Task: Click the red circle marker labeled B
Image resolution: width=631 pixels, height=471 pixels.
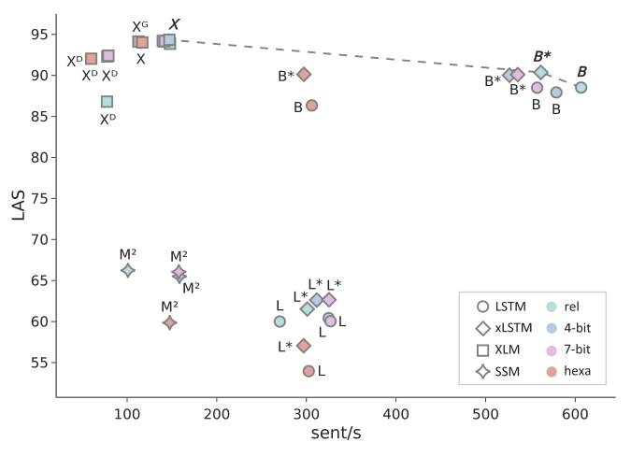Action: point(311,106)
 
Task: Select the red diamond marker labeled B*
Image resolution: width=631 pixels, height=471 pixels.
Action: point(304,75)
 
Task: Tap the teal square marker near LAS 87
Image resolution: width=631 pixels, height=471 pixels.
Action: point(107,101)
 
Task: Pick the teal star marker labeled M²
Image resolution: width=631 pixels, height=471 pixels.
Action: point(128,270)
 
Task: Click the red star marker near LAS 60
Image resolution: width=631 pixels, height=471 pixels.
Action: point(169,322)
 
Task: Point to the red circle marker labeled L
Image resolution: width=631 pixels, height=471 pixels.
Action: point(308,371)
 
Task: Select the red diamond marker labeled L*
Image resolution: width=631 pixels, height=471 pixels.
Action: point(303,346)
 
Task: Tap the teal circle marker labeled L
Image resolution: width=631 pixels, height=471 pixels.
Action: point(280,321)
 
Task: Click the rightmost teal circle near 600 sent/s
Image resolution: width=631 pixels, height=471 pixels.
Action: point(581,87)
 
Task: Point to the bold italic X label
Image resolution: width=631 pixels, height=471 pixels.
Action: point(174,25)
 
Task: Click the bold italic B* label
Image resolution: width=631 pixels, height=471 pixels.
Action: point(542,56)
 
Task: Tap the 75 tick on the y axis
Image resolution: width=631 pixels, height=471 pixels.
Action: point(41,198)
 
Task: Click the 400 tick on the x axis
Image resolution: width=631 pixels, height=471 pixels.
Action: point(396,413)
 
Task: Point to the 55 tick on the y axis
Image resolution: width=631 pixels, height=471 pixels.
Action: point(41,363)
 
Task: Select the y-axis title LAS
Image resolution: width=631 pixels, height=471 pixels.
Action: point(19,206)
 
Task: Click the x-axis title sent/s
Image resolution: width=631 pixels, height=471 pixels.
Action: point(335,435)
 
